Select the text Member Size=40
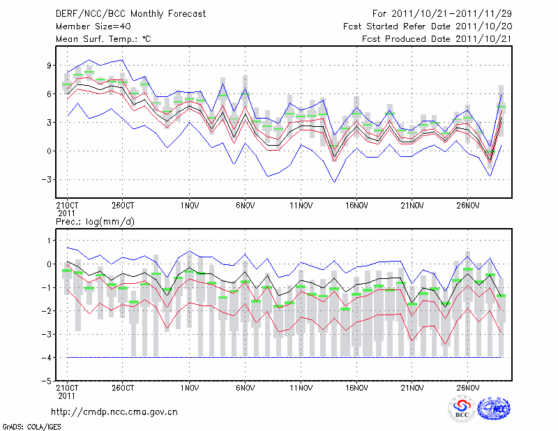coord(91,27)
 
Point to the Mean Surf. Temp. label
coord(103,39)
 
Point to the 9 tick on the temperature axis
coord(49,65)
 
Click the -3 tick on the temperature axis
coord(46,179)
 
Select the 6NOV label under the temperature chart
coord(245,206)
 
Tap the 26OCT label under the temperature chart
coord(122,206)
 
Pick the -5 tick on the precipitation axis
coord(46,381)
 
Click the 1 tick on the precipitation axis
coord(49,241)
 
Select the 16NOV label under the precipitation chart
coord(356,387)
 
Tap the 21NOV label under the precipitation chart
coord(412,387)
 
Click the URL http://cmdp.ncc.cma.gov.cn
coord(114,411)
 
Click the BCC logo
coord(462,409)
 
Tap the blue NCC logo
coord(494,409)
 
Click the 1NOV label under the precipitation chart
coord(189,387)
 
